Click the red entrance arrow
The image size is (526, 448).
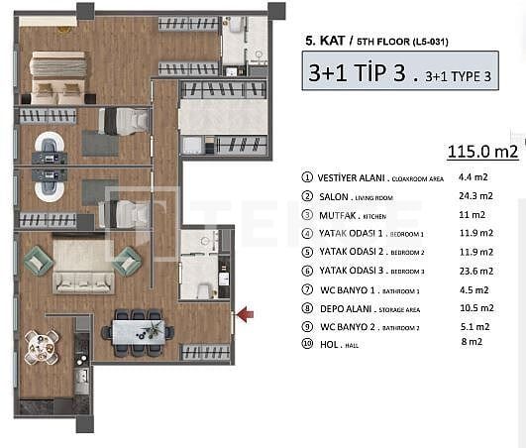pos(245,314)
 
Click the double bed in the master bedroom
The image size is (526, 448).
pos(60,77)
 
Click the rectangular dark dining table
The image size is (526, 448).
pos(136,328)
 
